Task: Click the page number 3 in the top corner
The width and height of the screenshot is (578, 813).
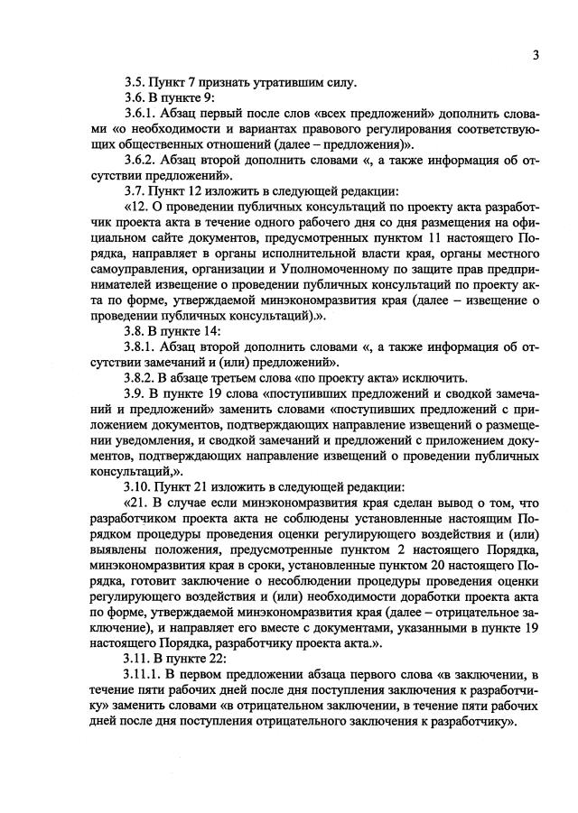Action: pyautogui.click(x=536, y=54)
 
